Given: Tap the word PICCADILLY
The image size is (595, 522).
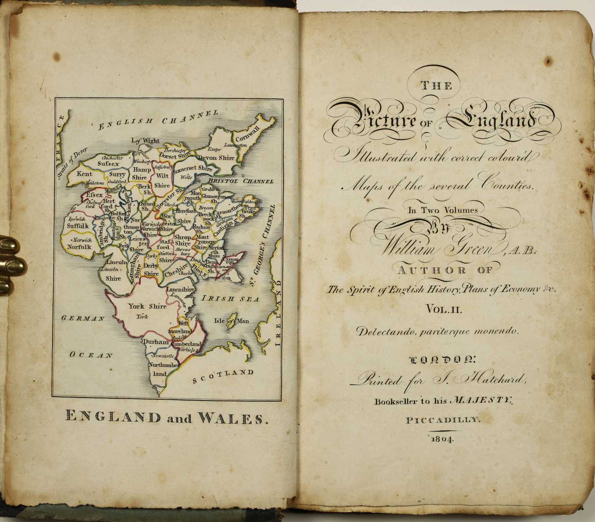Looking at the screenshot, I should point(442,419).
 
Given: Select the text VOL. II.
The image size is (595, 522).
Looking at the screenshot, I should point(444,310).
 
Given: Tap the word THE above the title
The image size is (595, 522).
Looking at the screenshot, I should point(437,86).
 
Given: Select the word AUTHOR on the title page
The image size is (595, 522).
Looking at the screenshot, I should point(432,270).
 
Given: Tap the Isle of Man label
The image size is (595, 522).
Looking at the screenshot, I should point(231,321).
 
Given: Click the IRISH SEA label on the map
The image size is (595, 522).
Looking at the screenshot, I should point(230,299).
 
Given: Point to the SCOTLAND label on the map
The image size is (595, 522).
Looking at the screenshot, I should point(223,376).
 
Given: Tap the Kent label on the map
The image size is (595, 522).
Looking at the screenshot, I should point(84,174).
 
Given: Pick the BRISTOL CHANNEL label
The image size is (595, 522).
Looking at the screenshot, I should point(240,181).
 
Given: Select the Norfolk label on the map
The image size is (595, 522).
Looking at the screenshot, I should point(79,247).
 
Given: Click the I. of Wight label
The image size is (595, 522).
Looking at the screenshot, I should point(145,140).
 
